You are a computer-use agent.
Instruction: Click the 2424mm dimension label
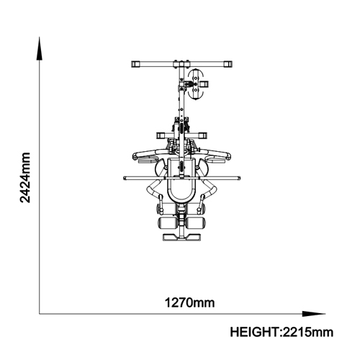click(x=25, y=178)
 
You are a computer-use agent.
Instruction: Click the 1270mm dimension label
click(x=189, y=302)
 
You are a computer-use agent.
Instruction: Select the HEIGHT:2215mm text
click(x=282, y=333)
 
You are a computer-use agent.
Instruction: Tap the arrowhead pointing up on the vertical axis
click(x=40, y=48)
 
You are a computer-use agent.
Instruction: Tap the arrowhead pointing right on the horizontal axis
click(x=314, y=314)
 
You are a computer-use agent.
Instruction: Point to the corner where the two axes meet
click(x=40, y=314)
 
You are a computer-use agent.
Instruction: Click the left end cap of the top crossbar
click(x=135, y=64)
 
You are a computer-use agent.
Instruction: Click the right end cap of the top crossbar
click(x=228, y=64)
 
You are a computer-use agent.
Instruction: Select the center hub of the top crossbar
click(x=181, y=64)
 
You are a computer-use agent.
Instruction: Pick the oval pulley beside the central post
click(x=196, y=84)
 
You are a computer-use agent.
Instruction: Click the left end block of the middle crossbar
click(x=161, y=135)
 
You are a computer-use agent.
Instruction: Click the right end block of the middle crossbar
click(x=203, y=135)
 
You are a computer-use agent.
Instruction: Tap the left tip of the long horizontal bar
click(x=125, y=178)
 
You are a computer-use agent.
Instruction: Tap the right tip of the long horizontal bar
click(x=239, y=178)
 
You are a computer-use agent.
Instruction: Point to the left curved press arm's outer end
click(x=135, y=157)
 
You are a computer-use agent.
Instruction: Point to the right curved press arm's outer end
click(x=229, y=156)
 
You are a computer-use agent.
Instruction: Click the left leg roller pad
click(x=168, y=222)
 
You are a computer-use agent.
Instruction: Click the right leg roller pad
click(x=196, y=222)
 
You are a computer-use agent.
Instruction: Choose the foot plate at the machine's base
click(x=181, y=237)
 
